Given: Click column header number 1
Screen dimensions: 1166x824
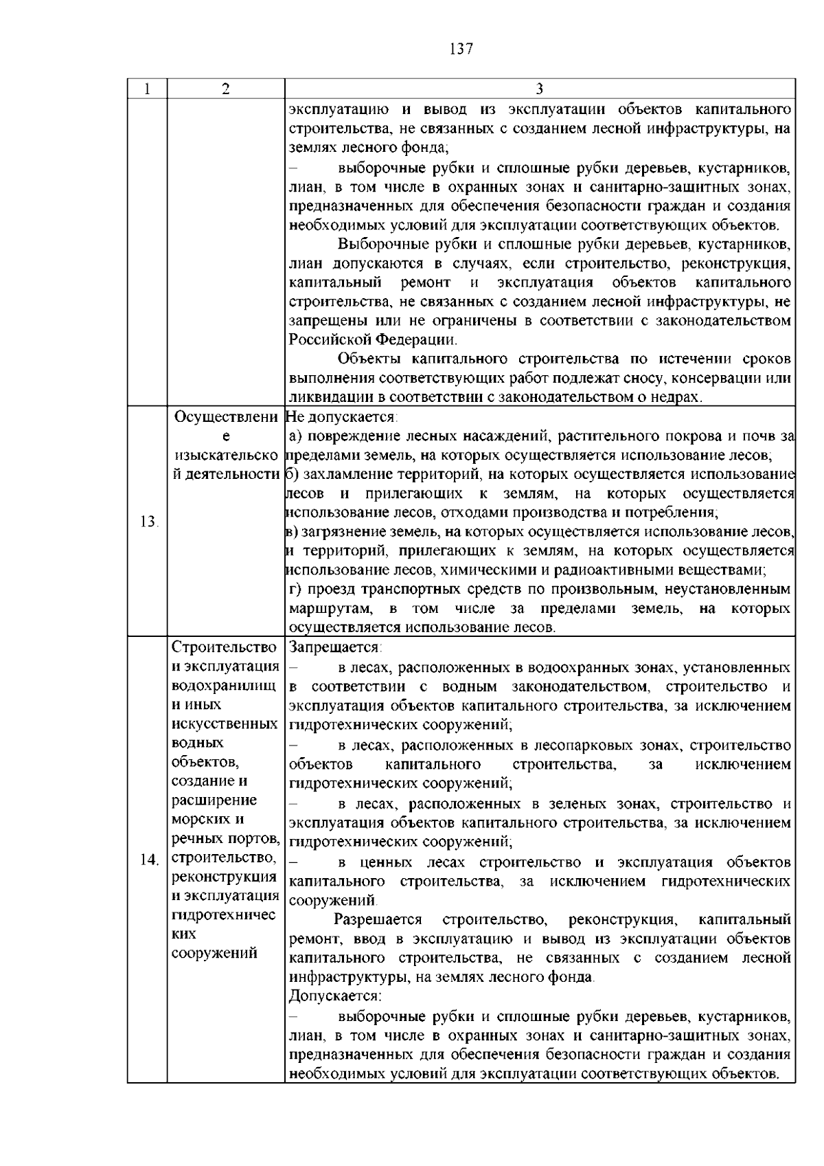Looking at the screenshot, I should [147, 89].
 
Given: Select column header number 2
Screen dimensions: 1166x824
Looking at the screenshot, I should [226, 89].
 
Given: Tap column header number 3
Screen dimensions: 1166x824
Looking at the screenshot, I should [539, 89].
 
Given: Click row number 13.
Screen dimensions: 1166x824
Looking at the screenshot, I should [148, 522].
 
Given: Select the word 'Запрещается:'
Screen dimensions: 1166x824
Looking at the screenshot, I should [336, 648].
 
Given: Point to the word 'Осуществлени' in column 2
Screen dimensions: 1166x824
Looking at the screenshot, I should [227, 418].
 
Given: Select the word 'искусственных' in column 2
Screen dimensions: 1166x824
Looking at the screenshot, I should [225, 724].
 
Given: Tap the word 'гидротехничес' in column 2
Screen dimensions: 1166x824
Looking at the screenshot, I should [224, 915].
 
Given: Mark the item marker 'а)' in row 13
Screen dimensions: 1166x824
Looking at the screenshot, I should [295, 436].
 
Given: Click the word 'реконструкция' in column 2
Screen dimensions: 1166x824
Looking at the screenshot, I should [224, 877].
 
